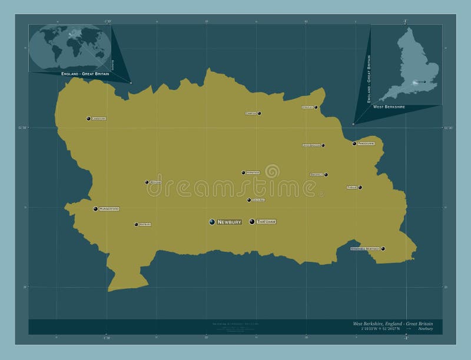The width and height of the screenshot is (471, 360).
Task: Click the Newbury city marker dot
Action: (212, 222)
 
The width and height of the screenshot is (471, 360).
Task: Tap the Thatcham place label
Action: (266, 222)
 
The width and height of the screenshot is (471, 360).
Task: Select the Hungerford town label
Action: (110, 209)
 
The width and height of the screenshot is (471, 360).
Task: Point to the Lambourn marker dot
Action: (88, 119)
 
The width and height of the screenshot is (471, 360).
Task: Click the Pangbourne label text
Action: (367, 144)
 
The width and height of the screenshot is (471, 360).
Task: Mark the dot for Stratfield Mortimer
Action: (383, 249)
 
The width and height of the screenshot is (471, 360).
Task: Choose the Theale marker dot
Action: (360, 188)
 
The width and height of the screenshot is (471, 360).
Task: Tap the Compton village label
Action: (251, 113)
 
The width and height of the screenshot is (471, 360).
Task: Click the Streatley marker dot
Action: (316, 107)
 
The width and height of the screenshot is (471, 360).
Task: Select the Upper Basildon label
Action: (311, 145)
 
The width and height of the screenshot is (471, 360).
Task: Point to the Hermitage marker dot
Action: (243, 173)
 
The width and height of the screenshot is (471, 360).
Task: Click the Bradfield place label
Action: (316, 175)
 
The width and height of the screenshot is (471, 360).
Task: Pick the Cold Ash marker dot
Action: (249, 200)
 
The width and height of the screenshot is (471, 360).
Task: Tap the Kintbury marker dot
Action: (136, 224)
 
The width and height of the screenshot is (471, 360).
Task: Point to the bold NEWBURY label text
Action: (229, 222)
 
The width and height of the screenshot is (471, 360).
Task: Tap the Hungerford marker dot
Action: (95, 209)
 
